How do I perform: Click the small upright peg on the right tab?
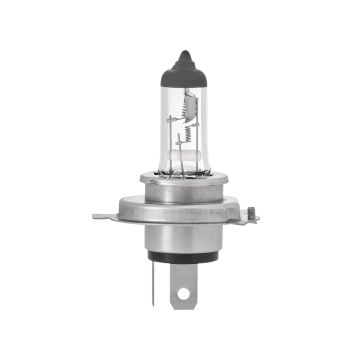251,207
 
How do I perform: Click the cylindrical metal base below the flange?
180,239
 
